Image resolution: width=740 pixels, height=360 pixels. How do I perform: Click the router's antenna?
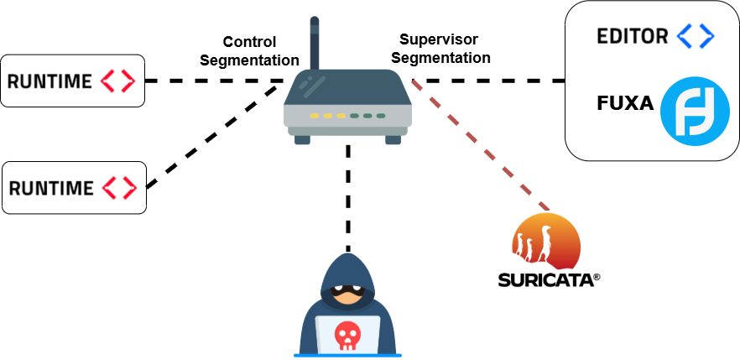[x=315, y=44]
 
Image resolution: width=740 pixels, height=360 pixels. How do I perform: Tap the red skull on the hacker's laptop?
[x=347, y=336]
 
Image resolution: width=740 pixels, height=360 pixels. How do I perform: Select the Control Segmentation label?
[x=250, y=51]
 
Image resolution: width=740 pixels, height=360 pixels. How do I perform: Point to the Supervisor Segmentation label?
[x=440, y=48]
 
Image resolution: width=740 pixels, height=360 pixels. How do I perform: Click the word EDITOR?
[x=633, y=36]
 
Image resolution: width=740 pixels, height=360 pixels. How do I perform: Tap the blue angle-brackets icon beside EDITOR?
[x=696, y=36]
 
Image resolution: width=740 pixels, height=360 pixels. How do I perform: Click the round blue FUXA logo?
[x=695, y=112]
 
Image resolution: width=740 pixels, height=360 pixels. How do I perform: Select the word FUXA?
[x=625, y=104]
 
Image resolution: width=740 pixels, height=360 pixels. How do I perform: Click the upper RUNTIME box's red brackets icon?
[x=118, y=81]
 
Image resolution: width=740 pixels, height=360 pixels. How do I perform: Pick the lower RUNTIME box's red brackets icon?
[x=120, y=188]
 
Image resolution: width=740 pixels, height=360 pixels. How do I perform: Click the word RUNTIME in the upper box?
[x=50, y=81]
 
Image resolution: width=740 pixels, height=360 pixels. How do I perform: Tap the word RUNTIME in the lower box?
[x=51, y=188]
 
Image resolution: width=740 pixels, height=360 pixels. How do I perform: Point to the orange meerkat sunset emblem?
[x=545, y=241]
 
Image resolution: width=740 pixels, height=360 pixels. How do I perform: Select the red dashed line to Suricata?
[x=481, y=145]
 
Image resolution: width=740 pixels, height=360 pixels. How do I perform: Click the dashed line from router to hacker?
[x=348, y=198]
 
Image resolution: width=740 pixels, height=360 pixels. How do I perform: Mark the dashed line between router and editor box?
[x=488, y=81]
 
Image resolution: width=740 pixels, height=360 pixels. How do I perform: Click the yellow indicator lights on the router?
[x=327, y=116]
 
